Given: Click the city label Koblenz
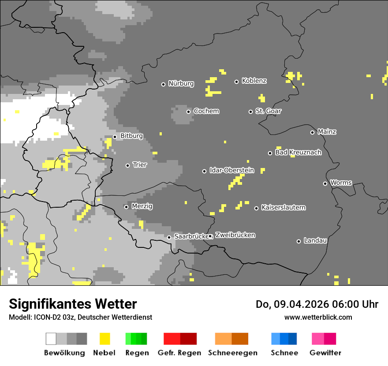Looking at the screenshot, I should [254, 81].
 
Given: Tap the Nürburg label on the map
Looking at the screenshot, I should [181, 84].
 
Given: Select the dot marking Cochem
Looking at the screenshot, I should [188, 112].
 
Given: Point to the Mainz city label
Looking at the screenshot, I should [327, 132].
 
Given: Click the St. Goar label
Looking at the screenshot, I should [268, 111].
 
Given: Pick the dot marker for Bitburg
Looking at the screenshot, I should [115, 137].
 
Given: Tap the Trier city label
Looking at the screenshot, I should [140, 165].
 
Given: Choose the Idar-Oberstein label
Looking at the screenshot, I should [231, 171].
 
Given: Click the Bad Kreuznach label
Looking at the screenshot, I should [298, 153].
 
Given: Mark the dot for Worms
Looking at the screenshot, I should [325, 183].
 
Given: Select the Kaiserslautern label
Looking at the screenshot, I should [283, 208].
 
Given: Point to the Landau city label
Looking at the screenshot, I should [315, 241].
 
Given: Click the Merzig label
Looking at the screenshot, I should [142, 206].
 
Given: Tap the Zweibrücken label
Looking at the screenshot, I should [235, 235].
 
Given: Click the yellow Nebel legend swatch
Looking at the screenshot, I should [105, 339].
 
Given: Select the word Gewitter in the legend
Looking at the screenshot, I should [325, 353].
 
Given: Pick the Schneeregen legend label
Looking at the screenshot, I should [232, 353].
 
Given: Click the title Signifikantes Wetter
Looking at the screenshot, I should [73, 304].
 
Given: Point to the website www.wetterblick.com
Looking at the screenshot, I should [318, 317].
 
